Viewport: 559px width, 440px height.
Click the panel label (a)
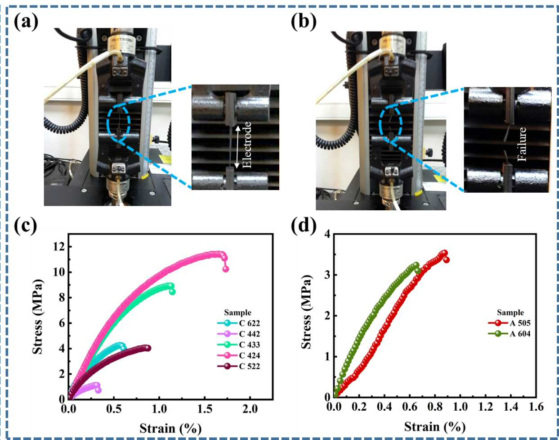click(x=26, y=22)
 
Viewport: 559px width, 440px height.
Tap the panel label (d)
click(x=304, y=227)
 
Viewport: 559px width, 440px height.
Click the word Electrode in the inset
click(x=247, y=145)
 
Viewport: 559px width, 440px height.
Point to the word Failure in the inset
click(x=522, y=144)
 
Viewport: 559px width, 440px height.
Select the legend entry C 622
click(x=238, y=323)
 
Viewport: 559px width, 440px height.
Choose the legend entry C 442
click(x=238, y=334)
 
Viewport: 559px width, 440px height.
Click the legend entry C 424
click(x=238, y=355)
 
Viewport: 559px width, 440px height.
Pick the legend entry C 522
click(x=238, y=366)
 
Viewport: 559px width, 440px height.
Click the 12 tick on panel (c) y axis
click(x=59, y=247)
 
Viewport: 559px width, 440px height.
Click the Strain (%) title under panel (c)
click(x=170, y=429)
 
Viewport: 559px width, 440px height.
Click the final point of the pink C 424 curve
click(x=226, y=269)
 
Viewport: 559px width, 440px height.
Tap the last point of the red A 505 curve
click(x=446, y=260)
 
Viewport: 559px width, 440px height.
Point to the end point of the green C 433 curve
click(x=172, y=292)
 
